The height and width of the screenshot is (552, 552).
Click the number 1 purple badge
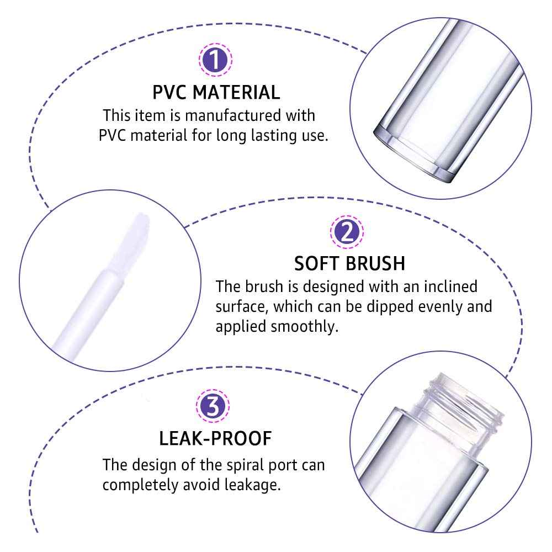215,60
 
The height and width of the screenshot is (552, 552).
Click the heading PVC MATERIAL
216,92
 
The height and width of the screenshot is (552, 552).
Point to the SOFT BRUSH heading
349,263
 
